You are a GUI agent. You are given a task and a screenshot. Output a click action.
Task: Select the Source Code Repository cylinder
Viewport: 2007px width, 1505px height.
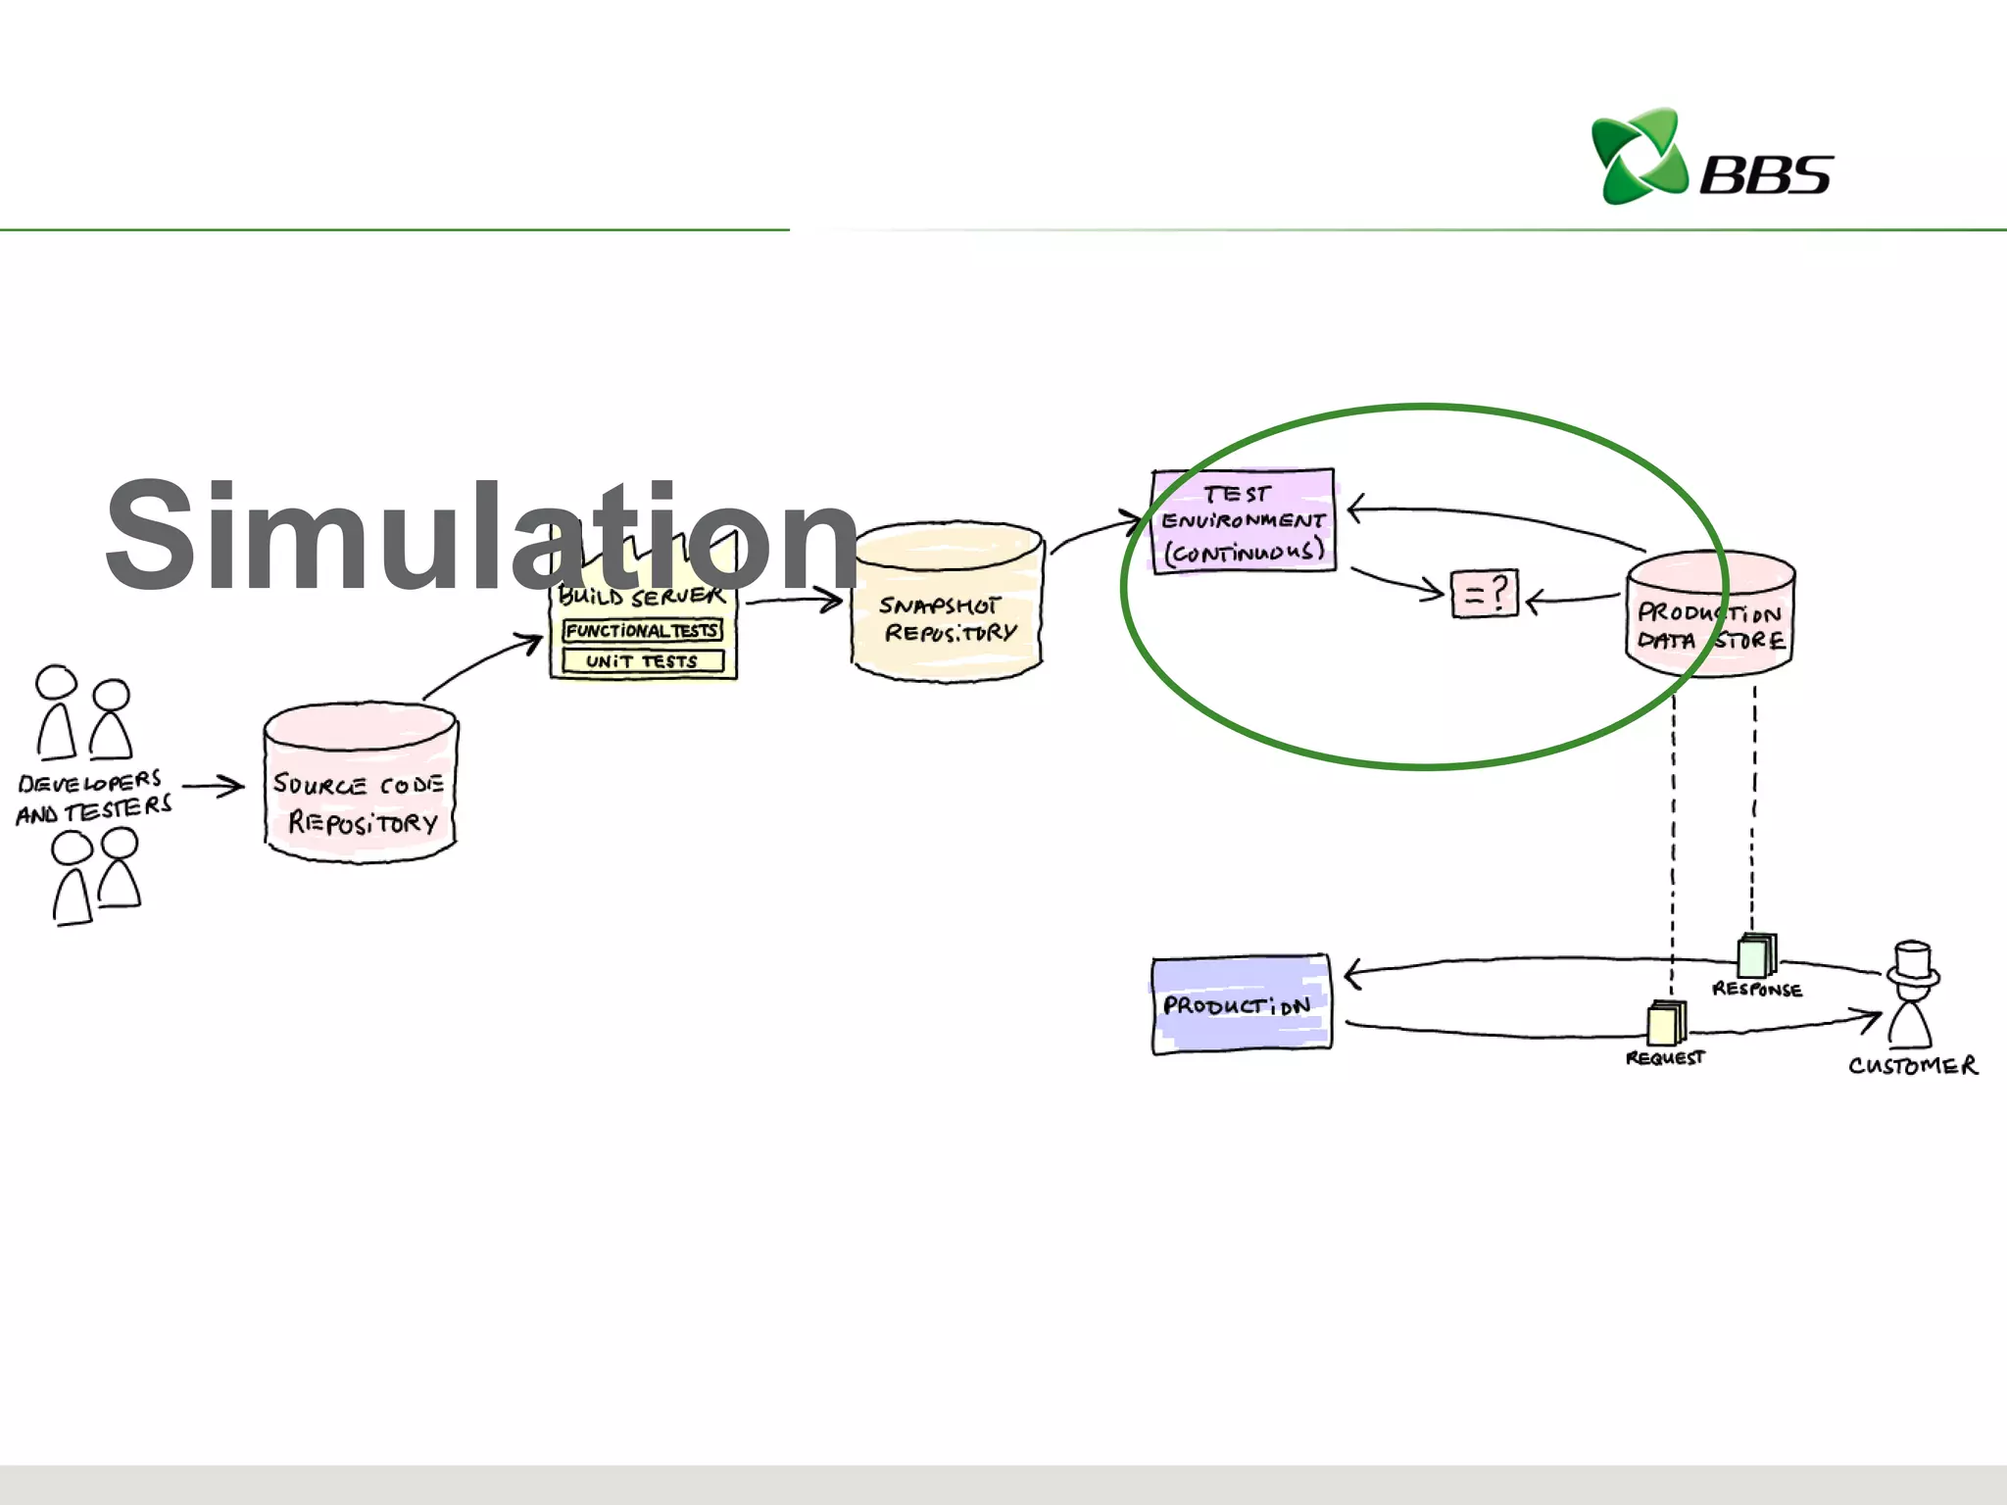pos(361,784)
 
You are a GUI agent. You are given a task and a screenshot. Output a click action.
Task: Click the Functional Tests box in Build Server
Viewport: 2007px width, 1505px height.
pos(643,631)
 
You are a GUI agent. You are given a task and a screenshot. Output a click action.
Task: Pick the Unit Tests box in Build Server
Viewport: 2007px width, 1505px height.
pos(643,661)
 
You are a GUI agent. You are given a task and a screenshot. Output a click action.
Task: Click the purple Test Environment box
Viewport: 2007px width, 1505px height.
pos(1244,521)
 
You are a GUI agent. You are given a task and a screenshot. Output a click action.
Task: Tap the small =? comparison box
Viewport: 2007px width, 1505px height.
pos(1484,594)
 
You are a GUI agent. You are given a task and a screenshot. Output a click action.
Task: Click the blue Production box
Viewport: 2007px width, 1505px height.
pos(1241,1004)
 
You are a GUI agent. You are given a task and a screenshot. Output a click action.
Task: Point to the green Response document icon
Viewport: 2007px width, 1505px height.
pos(1756,956)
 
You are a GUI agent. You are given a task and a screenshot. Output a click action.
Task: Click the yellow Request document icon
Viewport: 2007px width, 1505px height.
pos(1666,1024)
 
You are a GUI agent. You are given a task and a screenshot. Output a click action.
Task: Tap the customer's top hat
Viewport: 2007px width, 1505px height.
pos(1913,962)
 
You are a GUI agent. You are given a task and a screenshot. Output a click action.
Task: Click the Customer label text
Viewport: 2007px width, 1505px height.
pos(1913,1066)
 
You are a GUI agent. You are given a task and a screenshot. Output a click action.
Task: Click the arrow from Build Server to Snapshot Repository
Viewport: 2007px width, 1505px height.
pos(794,601)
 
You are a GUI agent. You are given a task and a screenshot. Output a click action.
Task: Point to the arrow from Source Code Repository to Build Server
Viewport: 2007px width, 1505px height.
pos(482,664)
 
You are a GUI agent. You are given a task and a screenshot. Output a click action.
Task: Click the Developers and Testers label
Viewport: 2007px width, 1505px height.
pos(93,797)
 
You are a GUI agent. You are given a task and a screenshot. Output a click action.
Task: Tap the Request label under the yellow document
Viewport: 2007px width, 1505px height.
pos(1665,1058)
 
